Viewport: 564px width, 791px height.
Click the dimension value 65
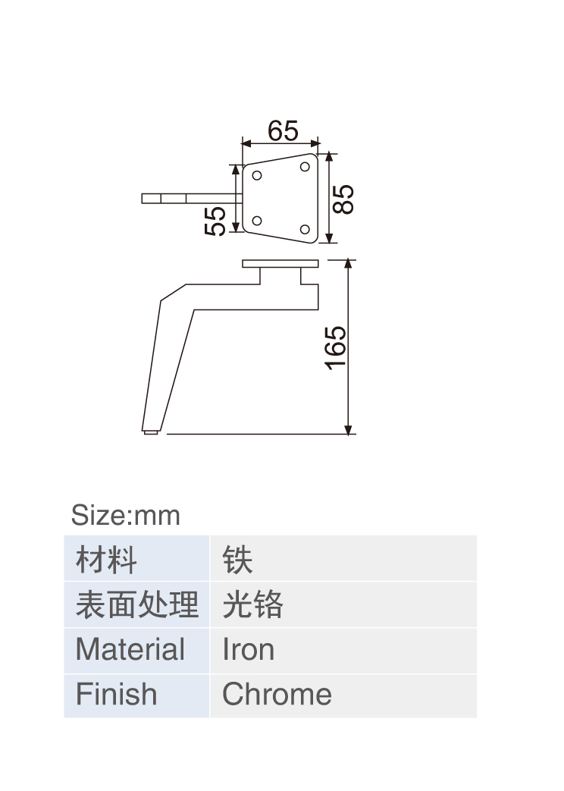click(x=283, y=131)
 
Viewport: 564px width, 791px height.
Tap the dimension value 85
click(x=343, y=199)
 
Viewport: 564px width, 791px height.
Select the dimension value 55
click(x=215, y=221)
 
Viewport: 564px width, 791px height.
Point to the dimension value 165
click(x=336, y=348)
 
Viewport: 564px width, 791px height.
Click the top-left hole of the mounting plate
click(x=257, y=175)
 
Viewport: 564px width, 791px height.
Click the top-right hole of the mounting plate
click(x=305, y=167)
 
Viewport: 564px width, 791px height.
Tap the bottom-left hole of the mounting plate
click(x=257, y=221)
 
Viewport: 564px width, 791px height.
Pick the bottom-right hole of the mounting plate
click(x=305, y=230)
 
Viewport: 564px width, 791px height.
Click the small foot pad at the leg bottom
click(x=151, y=432)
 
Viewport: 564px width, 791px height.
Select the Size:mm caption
click(x=126, y=515)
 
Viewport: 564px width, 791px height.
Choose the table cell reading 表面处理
click(x=136, y=604)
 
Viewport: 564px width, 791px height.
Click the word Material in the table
click(x=130, y=649)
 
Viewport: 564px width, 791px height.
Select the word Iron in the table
click(x=248, y=649)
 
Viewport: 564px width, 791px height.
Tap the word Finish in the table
click(x=116, y=694)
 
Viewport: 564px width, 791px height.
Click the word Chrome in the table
click(x=277, y=694)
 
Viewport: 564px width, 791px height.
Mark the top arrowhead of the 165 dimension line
click(x=348, y=264)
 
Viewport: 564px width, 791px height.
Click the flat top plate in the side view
click(x=280, y=264)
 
